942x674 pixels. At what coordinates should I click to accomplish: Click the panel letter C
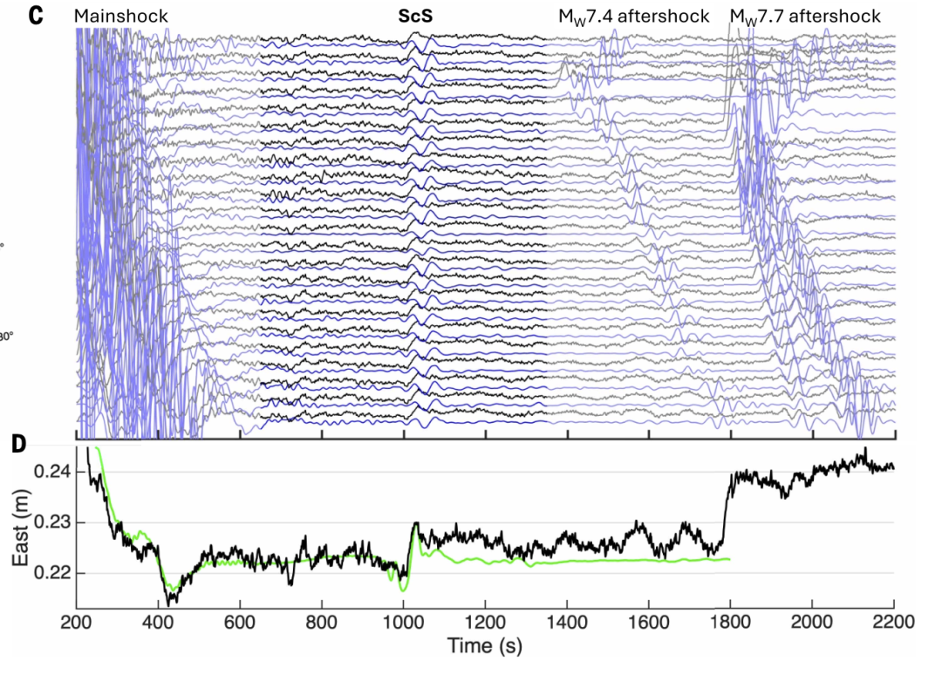tap(36, 15)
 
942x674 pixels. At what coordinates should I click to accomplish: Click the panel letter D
tap(19, 445)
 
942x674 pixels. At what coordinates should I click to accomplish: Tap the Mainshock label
tap(120, 17)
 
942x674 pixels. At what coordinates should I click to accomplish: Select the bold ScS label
tap(415, 17)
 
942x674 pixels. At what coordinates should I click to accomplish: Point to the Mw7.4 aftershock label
tap(634, 17)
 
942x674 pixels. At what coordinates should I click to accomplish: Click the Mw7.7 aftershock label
tap(805, 17)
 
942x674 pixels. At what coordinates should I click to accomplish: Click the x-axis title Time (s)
tap(485, 646)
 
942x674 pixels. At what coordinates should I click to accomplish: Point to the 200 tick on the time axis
tap(77, 621)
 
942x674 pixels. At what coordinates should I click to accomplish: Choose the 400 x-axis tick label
tap(159, 621)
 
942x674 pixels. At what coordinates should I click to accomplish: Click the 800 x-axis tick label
tap(321, 621)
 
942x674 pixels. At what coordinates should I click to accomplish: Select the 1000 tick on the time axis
tap(403, 621)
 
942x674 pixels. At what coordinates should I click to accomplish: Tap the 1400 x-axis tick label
tap(567, 621)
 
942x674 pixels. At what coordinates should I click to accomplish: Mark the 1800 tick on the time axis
tap(730, 621)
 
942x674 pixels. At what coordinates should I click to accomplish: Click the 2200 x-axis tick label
tap(894, 621)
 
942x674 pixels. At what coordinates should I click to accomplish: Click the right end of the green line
tap(730, 559)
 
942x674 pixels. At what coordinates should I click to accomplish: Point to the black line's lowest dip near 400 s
tap(169, 603)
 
